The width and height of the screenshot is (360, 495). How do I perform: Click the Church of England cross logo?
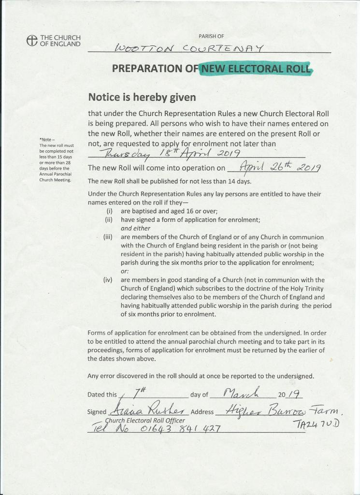32,41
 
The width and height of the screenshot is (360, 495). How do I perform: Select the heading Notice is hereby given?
142,98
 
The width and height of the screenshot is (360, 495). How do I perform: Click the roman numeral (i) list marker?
110,211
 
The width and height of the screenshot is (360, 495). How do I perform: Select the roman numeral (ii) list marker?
109,220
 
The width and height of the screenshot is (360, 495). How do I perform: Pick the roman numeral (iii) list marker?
108,237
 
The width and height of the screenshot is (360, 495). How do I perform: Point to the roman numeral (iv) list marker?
108,280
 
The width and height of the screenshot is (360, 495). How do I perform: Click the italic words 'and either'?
135,229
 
